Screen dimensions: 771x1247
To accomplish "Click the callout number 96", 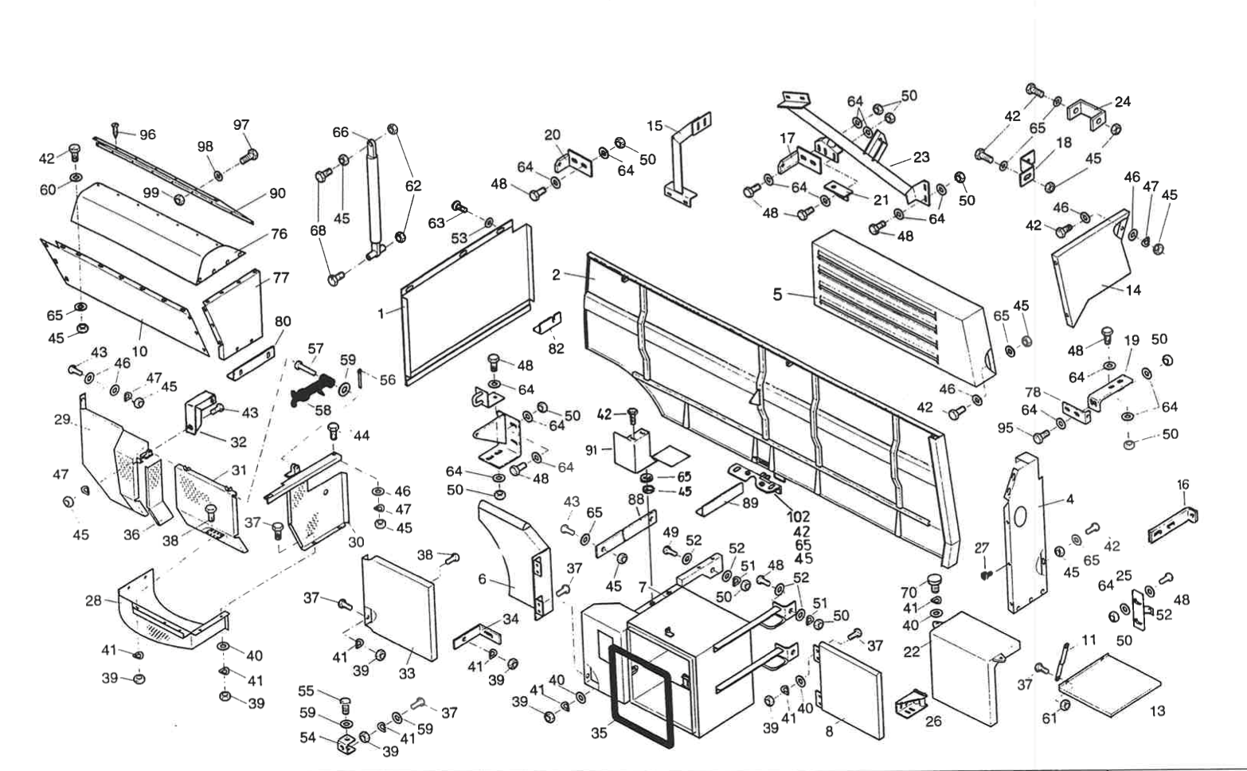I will (x=147, y=135).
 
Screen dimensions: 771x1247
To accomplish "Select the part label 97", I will (x=241, y=125).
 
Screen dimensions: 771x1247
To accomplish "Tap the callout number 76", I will (x=278, y=233).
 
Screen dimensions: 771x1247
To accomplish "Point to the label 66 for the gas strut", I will (x=341, y=132).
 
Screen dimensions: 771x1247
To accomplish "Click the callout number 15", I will (x=655, y=126).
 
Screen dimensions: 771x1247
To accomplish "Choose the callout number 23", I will (x=921, y=157).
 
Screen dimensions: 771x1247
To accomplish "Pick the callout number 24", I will (x=1123, y=102).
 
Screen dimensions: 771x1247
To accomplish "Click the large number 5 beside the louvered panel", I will (x=777, y=295).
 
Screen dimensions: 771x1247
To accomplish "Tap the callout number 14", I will (x=1132, y=290).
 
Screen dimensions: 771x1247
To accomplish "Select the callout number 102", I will (x=799, y=517).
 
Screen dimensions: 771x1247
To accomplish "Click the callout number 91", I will (x=591, y=450).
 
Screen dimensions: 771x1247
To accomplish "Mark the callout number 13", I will (x=1157, y=710).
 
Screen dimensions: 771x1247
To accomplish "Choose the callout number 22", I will (x=912, y=652).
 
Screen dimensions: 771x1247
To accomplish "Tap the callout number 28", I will (x=93, y=601).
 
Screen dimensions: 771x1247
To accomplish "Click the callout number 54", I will (x=308, y=738).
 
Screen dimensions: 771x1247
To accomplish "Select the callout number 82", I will (x=556, y=348).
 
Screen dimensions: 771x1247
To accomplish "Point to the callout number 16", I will (x=1183, y=484).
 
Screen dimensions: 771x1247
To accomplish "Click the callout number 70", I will (x=909, y=593).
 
